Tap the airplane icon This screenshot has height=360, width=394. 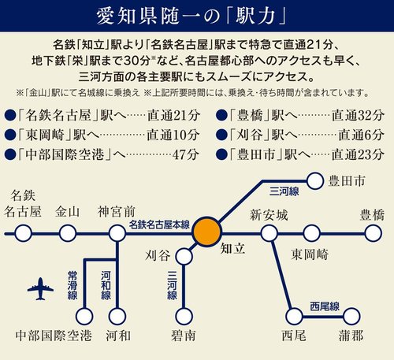pyautogui.click(x=44, y=289)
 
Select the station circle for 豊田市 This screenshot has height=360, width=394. pyautogui.click(x=315, y=182)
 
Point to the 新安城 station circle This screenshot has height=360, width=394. pyautogui.click(x=269, y=234)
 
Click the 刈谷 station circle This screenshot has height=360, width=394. pyautogui.click(x=184, y=255)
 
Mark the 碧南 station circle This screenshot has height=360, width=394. pyautogui.click(x=184, y=317)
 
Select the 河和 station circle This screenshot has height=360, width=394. pyautogui.click(x=118, y=317)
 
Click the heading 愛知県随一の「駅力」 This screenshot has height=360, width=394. pyautogui.click(x=196, y=16)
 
